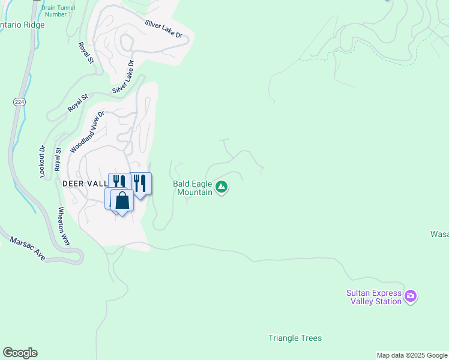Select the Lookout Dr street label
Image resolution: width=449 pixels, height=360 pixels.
pyautogui.click(x=43, y=161)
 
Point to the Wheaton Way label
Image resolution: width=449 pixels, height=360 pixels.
pyautogui.click(x=64, y=226)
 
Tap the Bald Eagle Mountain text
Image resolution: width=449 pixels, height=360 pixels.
pyautogui.click(x=193, y=188)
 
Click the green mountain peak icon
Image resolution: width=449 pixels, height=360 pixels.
pyautogui.click(x=222, y=188)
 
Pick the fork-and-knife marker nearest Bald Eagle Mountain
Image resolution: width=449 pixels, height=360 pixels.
pyautogui.click(x=140, y=183)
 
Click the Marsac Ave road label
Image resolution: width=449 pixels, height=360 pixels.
pyautogui.click(x=28, y=247)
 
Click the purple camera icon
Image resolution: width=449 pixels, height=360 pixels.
pyautogui.click(x=411, y=296)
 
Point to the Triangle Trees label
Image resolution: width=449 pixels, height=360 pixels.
pyautogui.click(x=295, y=338)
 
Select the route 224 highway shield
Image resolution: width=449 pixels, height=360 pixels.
pyautogui.click(x=19, y=103)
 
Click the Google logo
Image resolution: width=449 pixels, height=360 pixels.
pyautogui.click(x=20, y=352)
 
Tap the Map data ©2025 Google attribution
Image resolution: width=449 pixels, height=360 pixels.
pyautogui.click(x=412, y=355)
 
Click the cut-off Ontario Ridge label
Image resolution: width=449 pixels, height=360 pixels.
pyautogui.click(x=15, y=25)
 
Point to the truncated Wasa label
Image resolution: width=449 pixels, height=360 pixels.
pyautogui.click(x=439, y=234)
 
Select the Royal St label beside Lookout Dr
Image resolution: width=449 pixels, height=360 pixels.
pyautogui.click(x=58, y=159)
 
